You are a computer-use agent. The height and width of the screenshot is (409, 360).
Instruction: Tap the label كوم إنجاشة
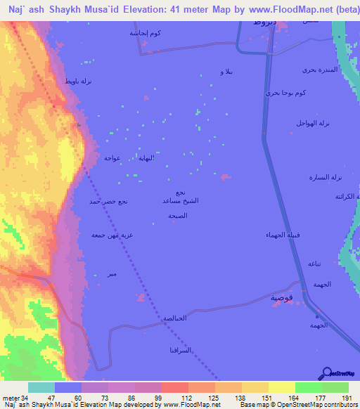tap(143, 33)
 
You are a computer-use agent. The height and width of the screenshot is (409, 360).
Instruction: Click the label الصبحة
tap(177, 216)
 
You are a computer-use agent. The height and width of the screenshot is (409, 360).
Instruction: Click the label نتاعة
tap(314, 263)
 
